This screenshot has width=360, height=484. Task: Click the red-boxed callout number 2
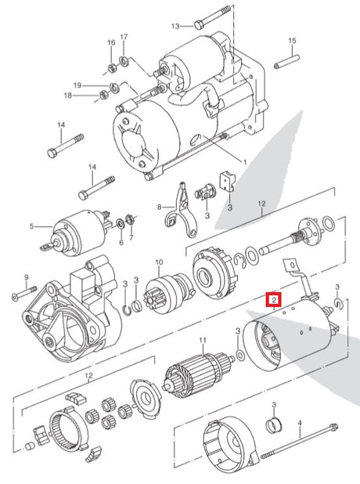point(274,299)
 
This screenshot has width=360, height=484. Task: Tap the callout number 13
point(175,26)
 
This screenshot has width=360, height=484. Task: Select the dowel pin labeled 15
point(286,62)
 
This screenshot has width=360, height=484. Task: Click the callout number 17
point(124,37)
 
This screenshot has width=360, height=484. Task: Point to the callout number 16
point(111,42)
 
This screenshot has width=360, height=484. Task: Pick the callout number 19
point(77,85)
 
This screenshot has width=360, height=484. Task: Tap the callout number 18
point(68,96)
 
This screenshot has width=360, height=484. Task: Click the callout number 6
point(121,242)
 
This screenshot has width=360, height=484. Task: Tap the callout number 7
point(131,237)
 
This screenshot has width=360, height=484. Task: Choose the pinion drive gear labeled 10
point(168,294)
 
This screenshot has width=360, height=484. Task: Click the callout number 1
point(245,162)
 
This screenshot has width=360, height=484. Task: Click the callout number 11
point(203,340)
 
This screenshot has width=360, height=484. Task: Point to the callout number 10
point(159,262)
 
